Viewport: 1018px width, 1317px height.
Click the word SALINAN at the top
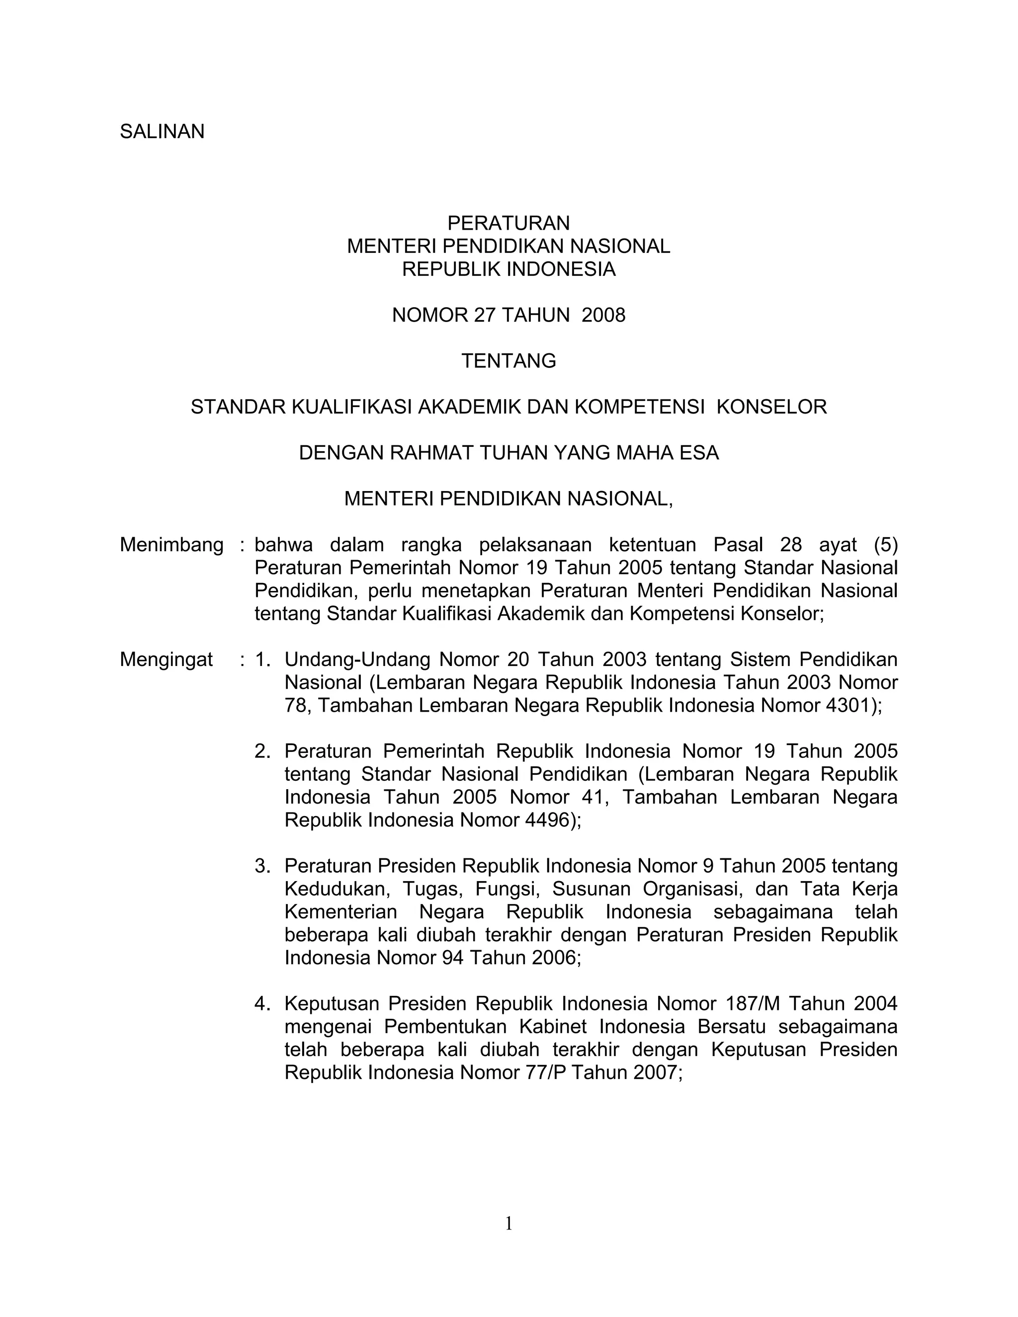click(x=162, y=132)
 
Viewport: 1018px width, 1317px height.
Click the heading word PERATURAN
click(x=509, y=224)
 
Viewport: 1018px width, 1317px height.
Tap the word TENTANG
click(x=509, y=361)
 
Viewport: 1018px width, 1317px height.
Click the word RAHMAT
click(x=430, y=453)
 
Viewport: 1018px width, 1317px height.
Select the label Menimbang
click(x=171, y=545)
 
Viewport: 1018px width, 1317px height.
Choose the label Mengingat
click(x=167, y=659)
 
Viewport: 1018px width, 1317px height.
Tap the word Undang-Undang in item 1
click(x=355, y=659)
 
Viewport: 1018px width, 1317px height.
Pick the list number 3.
click(x=262, y=866)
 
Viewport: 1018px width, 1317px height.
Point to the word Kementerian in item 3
click(x=340, y=912)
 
